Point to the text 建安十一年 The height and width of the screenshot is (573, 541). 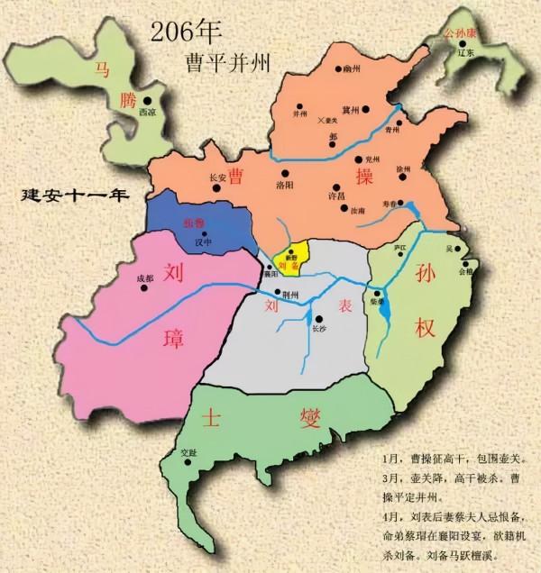78,195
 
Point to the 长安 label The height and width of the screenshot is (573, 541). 216,177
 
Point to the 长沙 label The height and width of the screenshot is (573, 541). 316,330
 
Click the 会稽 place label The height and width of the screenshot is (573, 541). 463,270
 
